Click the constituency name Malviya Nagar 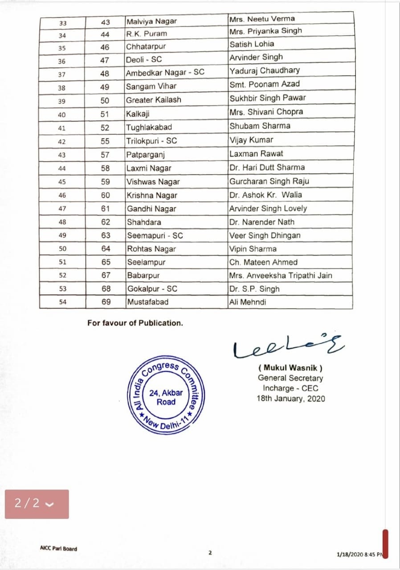(151, 21)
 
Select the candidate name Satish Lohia (252, 44)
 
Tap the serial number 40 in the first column (62, 115)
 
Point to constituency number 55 (105, 141)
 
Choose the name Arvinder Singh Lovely (268, 208)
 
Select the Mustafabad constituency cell (148, 302)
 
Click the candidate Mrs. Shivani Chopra (266, 112)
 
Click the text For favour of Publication (135, 323)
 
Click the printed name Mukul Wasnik (290, 368)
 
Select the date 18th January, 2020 (290, 398)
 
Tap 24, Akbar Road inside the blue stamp (166, 397)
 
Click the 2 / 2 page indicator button (37, 504)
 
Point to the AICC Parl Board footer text (58, 549)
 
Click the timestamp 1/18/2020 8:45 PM (360, 554)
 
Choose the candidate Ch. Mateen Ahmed (263, 262)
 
